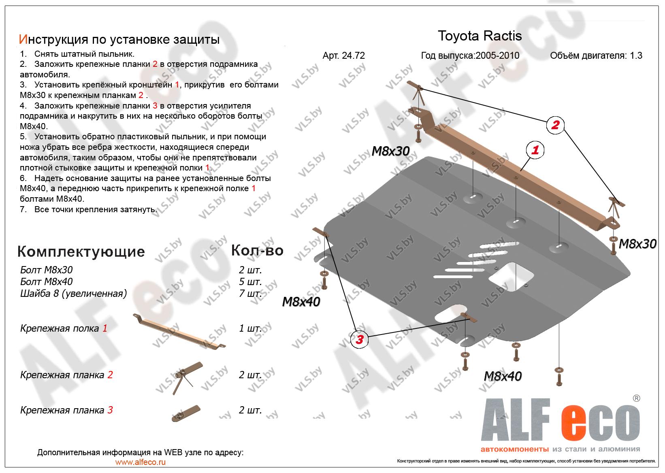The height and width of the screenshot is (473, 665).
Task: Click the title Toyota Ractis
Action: pyautogui.click(x=480, y=36)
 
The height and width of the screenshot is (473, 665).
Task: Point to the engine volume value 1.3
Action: pyautogui.click(x=636, y=55)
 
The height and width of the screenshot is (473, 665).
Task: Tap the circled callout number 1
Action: pyautogui.click(x=535, y=151)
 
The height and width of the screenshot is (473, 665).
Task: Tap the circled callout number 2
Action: pyautogui.click(x=555, y=125)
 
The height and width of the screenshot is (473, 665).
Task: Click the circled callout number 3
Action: pyautogui.click(x=359, y=340)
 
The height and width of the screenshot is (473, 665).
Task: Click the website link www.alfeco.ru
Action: pyautogui.click(x=140, y=462)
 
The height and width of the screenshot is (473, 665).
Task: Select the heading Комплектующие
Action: pyautogui.click(x=81, y=251)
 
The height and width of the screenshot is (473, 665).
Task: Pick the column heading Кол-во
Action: pyautogui.click(x=257, y=251)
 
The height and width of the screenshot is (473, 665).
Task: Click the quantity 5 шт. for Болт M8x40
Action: pyautogui.click(x=250, y=281)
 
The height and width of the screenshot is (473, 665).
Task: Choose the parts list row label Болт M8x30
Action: pyautogui.click(x=47, y=270)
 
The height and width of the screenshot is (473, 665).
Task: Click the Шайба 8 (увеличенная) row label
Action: pyautogui.click(x=73, y=293)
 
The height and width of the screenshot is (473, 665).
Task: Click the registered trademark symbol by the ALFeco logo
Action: pyautogui.click(x=636, y=398)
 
